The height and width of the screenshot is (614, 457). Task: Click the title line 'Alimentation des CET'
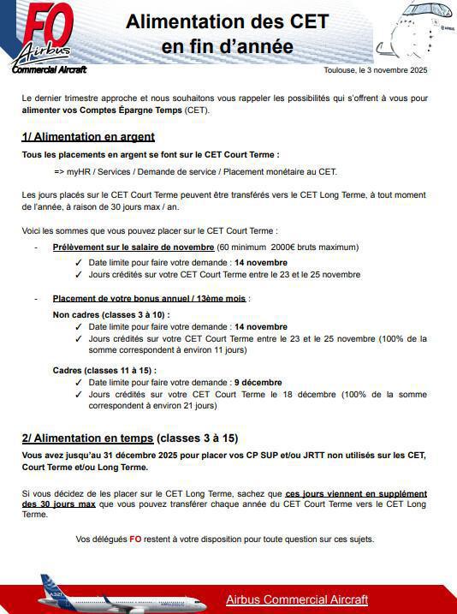tap(227, 22)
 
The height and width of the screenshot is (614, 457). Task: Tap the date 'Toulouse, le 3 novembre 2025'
tap(376, 70)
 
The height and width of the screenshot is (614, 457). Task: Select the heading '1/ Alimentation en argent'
tap(88, 137)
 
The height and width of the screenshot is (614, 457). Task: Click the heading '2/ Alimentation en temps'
tap(87, 438)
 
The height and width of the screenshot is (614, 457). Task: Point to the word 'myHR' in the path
tap(80, 171)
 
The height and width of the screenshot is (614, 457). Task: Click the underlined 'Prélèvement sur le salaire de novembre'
tap(134, 247)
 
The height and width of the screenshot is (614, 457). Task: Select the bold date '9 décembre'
tap(258, 382)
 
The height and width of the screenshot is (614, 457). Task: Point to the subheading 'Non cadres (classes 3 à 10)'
tap(111, 314)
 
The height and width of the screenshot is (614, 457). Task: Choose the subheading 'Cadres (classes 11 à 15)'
tap(104, 370)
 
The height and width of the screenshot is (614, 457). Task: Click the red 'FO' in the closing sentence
tap(135, 539)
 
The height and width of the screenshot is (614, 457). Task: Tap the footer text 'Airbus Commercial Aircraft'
tap(297, 599)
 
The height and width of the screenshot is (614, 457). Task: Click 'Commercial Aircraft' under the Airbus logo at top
tap(49, 69)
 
